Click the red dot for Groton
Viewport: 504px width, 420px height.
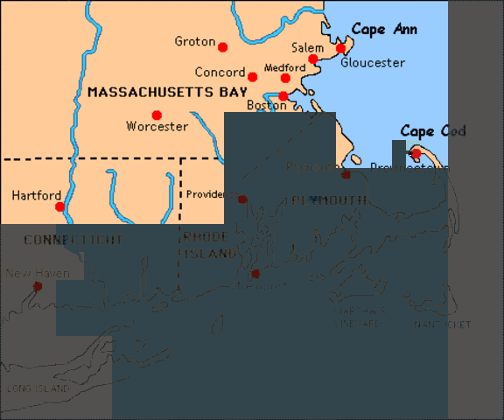point(222,47)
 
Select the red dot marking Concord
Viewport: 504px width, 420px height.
point(252,77)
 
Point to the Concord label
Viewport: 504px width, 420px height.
point(220,73)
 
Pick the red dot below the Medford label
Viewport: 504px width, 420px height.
point(285,78)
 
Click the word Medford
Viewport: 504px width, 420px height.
point(284,67)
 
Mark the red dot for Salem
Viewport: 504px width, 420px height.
point(313,59)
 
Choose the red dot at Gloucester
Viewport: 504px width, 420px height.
point(341,48)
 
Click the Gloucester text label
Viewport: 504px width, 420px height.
point(372,63)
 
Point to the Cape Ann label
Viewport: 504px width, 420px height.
point(384,30)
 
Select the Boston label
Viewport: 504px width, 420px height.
point(267,105)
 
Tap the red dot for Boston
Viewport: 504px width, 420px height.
point(283,96)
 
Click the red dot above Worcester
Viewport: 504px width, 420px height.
point(157,115)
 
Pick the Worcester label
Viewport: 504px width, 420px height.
point(157,127)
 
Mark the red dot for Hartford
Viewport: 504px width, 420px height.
point(59,206)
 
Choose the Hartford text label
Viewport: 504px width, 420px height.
point(36,195)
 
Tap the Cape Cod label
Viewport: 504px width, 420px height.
point(433,132)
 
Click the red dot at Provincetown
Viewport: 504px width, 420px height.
point(416,153)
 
